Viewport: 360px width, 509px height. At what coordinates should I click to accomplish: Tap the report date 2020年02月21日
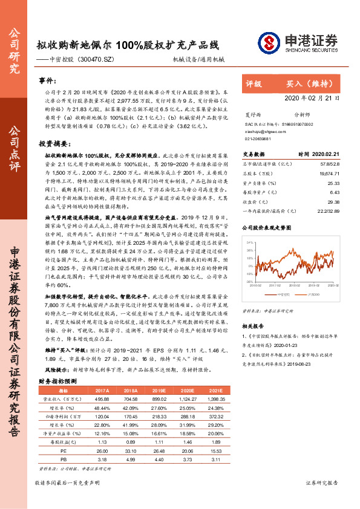tap(312, 97)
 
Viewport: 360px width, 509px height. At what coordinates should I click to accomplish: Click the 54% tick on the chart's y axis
tap(249, 242)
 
